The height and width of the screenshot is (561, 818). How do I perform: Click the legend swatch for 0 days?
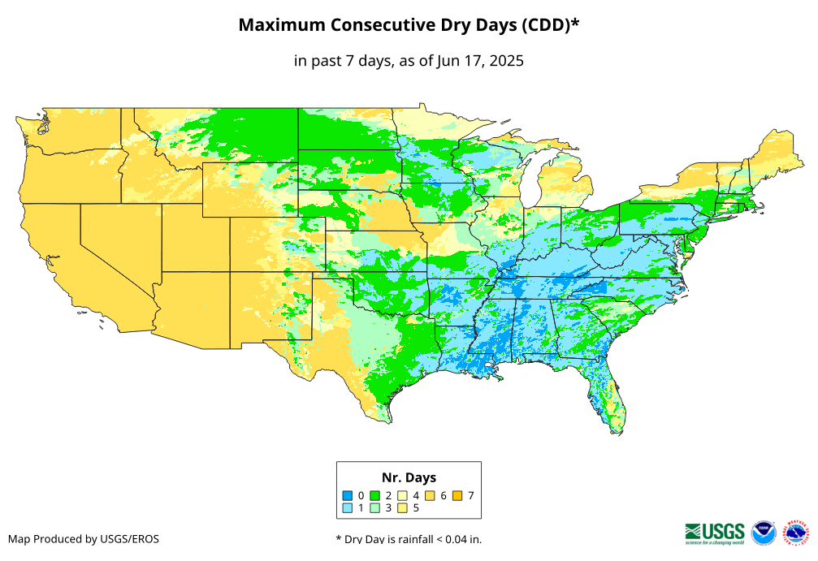tap(347, 495)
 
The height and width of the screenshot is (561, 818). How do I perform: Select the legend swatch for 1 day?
tap(347, 508)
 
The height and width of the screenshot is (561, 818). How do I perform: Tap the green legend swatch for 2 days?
tap(375, 495)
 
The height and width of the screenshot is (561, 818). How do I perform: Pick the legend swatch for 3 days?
tap(375, 508)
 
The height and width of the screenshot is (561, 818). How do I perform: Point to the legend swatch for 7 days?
tap(458, 495)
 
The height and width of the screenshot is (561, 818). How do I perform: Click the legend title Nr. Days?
tap(409, 477)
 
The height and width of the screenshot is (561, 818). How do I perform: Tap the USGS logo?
tap(715, 533)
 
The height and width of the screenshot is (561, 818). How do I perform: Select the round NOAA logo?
tap(764, 533)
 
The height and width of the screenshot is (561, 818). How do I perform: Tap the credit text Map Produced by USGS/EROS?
tap(84, 539)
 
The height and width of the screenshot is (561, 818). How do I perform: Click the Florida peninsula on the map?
tap(610, 398)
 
